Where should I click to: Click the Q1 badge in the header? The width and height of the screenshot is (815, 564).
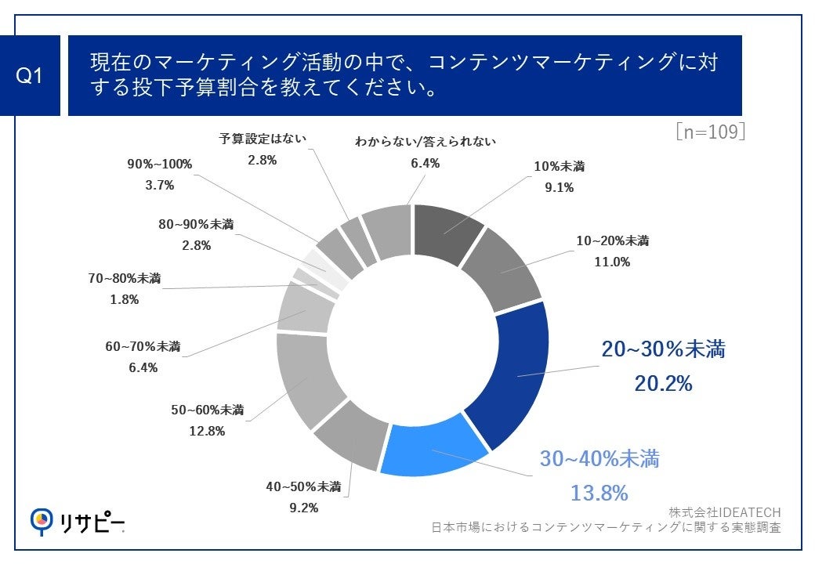point(29,76)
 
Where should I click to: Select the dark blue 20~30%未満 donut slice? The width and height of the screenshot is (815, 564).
point(509,376)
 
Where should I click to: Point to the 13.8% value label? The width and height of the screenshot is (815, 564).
point(599,493)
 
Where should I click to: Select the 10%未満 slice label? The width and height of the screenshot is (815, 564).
point(559,166)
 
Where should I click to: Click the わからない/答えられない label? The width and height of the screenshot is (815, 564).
point(426,142)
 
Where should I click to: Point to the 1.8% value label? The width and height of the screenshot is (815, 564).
point(123,298)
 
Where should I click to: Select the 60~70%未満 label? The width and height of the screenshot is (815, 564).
point(142,345)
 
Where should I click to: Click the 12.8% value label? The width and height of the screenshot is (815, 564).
point(208,430)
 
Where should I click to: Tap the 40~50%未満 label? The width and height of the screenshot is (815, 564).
point(302,486)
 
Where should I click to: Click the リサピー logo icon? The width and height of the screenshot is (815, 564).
point(42,519)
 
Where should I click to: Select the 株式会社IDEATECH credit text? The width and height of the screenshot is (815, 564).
point(724,512)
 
